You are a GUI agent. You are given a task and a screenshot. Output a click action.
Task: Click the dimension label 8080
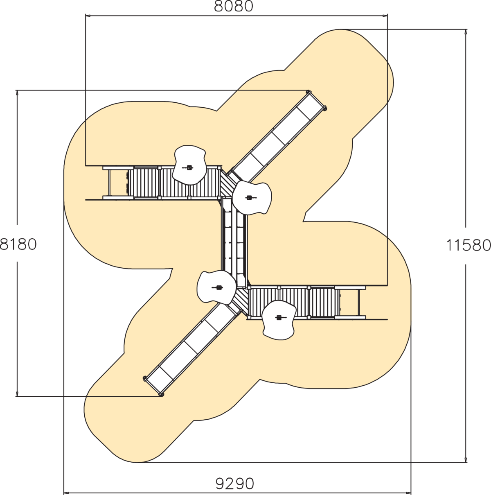234,7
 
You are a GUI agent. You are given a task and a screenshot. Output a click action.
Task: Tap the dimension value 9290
234,484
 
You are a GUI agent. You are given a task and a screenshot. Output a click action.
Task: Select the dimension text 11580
468,245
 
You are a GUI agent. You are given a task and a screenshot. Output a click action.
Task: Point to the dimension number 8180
18,244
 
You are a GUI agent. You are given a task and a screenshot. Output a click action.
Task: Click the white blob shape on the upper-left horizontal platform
189,165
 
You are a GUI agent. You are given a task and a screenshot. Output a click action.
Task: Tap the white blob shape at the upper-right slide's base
252,198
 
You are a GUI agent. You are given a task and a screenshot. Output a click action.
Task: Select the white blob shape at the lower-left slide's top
216,287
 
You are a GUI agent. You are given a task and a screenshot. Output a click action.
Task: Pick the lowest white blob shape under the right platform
279,320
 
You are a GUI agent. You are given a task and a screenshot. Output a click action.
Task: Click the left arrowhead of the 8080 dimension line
88,16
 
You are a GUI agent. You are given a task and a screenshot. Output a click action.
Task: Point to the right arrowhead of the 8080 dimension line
385,16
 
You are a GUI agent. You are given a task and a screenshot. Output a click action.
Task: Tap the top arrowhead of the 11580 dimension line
466,32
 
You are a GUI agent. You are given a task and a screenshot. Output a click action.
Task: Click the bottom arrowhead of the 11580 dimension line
466,459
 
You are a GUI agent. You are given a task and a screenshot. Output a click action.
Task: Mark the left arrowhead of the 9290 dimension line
67,493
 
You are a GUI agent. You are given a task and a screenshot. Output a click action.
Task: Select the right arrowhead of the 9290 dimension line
408,493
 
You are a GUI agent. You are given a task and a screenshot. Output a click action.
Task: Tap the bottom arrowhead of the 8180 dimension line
17,394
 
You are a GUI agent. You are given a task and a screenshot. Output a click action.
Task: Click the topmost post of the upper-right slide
309,92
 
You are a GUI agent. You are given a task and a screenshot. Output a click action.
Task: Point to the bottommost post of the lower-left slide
161,394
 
